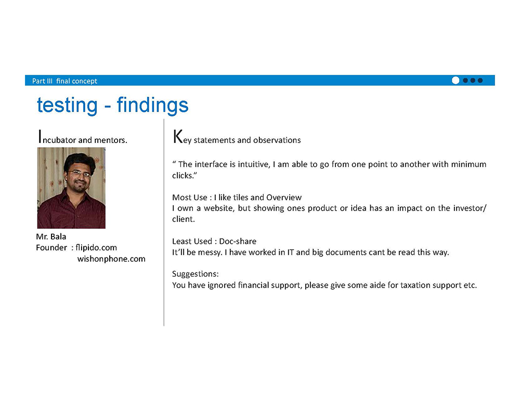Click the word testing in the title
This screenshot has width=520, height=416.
tap(67, 105)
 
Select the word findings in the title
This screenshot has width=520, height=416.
tap(152, 106)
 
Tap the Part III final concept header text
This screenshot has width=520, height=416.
tap(64, 81)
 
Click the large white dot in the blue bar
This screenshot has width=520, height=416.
tap(456, 80)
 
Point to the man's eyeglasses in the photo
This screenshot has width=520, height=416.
tap(80, 173)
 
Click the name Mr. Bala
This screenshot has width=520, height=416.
tap(51, 237)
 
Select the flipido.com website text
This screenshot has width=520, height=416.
tap(96, 248)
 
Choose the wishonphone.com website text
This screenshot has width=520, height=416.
tap(111, 259)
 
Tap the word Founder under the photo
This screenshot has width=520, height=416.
tap(51, 248)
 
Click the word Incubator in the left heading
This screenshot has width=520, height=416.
tap(57, 137)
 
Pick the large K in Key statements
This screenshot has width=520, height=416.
tap(178, 136)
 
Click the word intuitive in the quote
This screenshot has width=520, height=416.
tap(254, 164)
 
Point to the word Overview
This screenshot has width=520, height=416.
tap(284, 198)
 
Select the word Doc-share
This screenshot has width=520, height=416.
tap(238, 241)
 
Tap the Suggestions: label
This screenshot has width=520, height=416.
tap(196, 274)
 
